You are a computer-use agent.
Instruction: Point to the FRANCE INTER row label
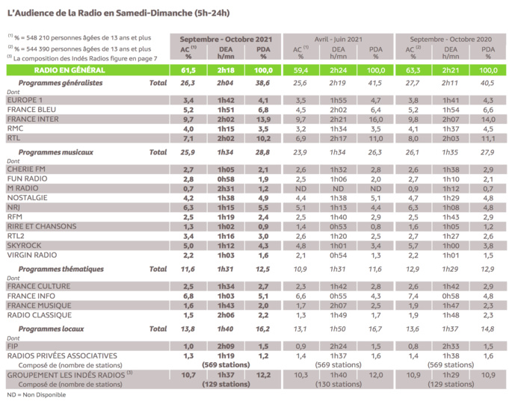[x=34, y=119]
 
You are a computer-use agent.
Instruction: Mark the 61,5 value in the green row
[x=189, y=69]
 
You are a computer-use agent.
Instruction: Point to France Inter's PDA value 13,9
[x=262, y=119]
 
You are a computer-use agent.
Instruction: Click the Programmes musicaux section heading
[x=56, y=152]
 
